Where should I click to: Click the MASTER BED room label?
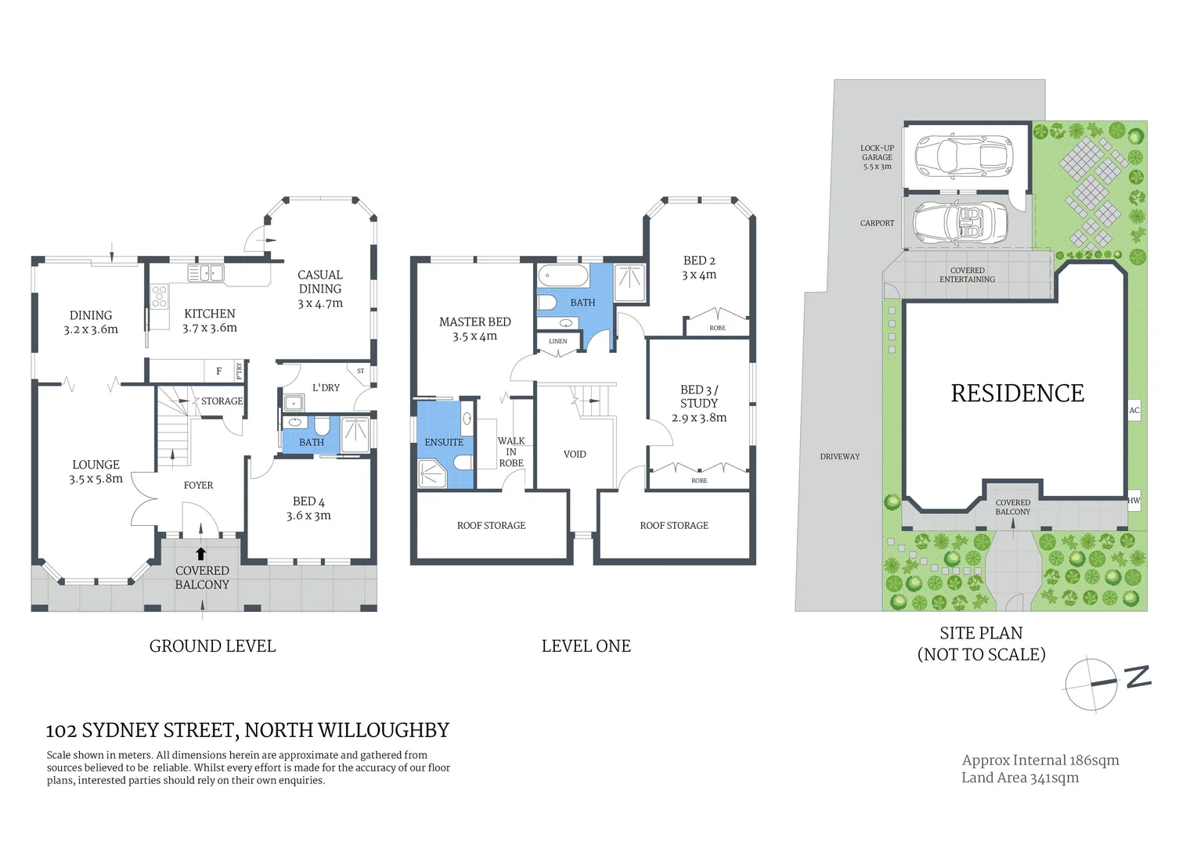[474, 322]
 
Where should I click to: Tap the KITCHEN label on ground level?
[209, 314]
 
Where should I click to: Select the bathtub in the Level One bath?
[563, 276]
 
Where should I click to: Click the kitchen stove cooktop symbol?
[159, 296]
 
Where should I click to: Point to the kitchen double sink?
[206, 273]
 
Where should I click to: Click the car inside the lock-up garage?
[964, 155]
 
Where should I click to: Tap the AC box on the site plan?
[1134, 410]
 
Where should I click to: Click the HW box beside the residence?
[1134, 500]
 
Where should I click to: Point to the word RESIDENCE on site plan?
[1017, 394]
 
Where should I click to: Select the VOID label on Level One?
[575, 454]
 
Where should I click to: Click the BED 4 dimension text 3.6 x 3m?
[308, 516]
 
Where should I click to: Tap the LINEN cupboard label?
[558, 341]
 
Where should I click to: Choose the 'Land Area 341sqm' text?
[1019, 778]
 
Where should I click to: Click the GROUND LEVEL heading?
[212, 646]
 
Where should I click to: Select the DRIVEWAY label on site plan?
[839, 456]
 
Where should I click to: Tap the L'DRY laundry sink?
[294, 403]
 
